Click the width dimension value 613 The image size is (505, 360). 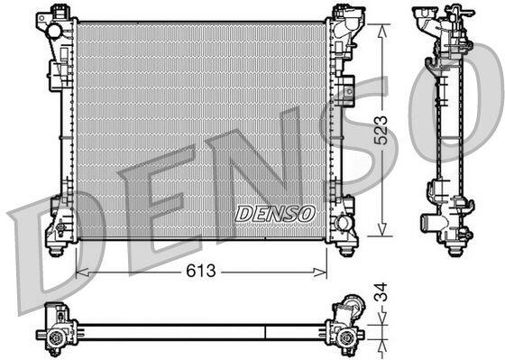(x=200, y=271)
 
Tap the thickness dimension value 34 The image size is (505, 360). (x=381, y=292)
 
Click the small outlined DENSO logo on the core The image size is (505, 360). (x=275, y=214)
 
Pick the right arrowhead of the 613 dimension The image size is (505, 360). (x=320, y=272)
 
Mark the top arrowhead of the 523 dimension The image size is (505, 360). (x=381, y=32)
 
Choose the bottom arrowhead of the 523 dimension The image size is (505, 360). (x=381, y=229)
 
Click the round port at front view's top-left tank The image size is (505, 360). (x=54, y=32)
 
